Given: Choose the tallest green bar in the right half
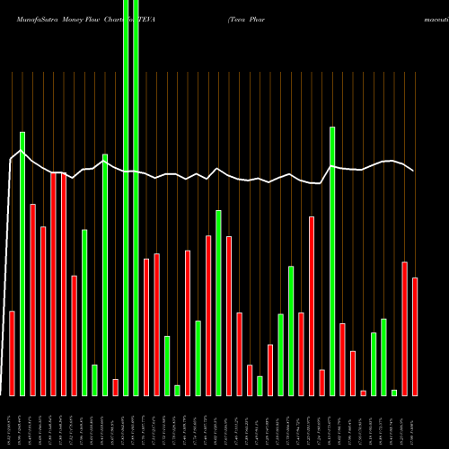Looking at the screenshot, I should coord(332,260).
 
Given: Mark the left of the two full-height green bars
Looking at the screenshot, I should coord(126,198).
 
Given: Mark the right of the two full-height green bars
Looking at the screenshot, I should coord(136,198).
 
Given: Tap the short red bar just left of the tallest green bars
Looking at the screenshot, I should coord(115,387).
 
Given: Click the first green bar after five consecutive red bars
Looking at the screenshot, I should coord(84,313).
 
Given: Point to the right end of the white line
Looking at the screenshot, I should coord(413,171).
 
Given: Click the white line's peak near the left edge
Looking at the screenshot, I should coord(22,150).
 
